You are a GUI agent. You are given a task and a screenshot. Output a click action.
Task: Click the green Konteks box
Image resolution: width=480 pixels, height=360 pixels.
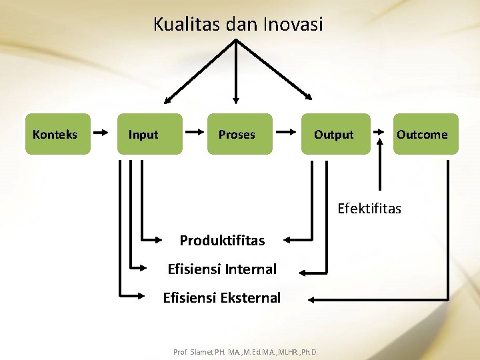(x=57, y=134)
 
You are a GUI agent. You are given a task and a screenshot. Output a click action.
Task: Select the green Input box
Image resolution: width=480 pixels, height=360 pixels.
(x=149, y=134)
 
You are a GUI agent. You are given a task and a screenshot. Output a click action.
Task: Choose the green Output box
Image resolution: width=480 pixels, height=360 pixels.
(x=335, y=134)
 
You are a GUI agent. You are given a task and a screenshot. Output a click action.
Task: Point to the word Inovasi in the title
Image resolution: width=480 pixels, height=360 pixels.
(x=293, y=25)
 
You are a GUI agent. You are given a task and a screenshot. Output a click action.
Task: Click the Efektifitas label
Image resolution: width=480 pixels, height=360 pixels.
(x=369, y=209)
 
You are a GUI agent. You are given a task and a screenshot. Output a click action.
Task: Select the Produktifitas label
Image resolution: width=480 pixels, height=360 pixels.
(x=222, y=240)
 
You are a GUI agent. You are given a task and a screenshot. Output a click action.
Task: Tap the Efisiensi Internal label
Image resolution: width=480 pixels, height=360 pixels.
(x=222, y=269)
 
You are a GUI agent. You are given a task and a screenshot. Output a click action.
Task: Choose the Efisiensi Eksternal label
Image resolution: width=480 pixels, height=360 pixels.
(x=222, y=298)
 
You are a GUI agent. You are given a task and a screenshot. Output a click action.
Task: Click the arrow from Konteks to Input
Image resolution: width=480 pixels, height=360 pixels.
(x=101, y=133)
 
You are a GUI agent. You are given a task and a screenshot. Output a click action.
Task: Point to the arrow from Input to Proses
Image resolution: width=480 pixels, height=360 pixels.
(x=194, y=133)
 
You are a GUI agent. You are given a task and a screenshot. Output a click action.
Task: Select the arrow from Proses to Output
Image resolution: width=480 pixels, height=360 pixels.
(x=286, y=133)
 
